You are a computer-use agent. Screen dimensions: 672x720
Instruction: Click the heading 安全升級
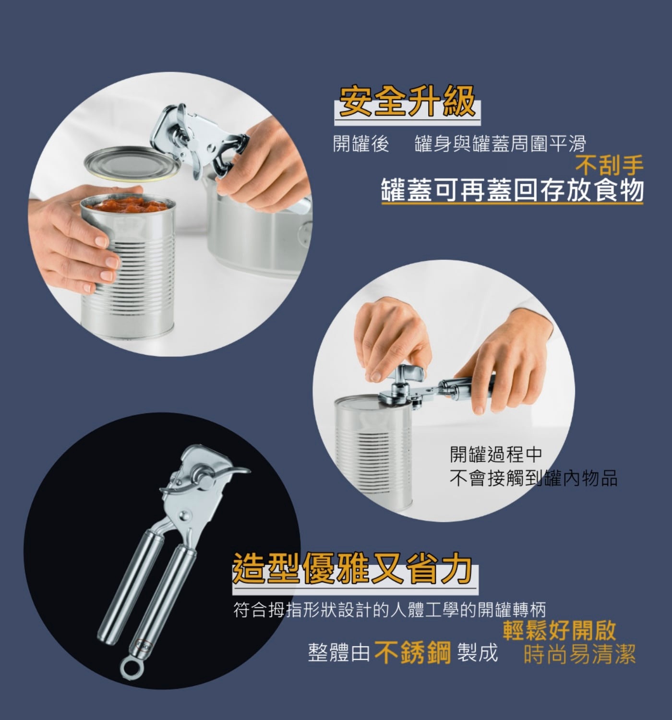click(407, 101)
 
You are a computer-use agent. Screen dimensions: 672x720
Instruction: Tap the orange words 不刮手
click(609, 165)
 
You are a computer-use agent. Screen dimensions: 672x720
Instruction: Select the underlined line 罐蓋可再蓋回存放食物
click(512, 190)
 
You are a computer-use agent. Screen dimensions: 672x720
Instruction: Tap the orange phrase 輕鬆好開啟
click(560, 631)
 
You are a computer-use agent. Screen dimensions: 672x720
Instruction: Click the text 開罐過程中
click(496, 455)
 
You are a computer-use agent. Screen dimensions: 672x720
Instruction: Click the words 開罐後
click(361, 144)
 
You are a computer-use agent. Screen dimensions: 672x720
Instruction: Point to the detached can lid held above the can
click(133, 163)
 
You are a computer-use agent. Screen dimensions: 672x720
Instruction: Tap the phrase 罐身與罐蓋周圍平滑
click(500, 144)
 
